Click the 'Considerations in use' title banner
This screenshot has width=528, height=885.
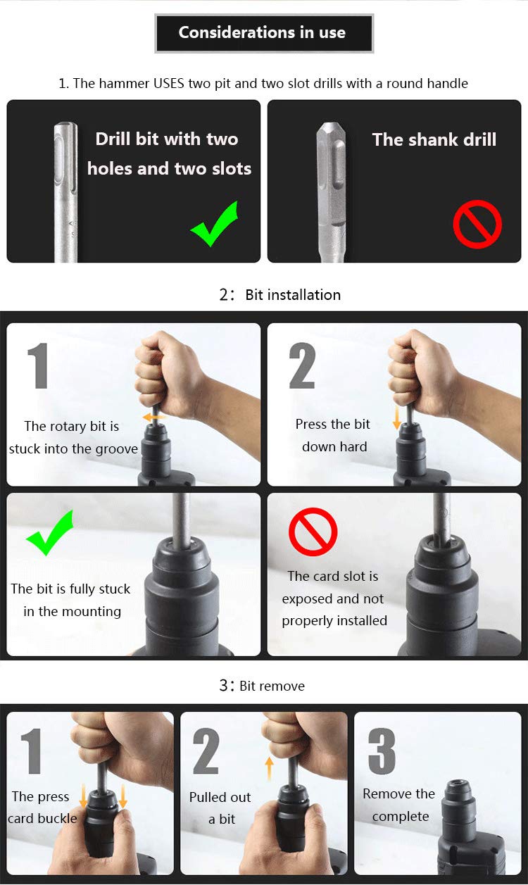point(264,33)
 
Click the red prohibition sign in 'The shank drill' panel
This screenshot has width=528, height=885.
point(477,224)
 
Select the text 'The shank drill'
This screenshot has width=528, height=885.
point(434,139)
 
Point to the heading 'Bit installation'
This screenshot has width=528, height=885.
point(293,295)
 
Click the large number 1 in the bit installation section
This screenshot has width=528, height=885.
point(38,365)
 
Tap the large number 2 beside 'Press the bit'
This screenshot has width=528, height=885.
point(302,365)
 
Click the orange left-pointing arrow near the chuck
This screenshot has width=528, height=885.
point(153,417)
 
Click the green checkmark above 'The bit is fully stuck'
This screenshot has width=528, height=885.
point(50,532)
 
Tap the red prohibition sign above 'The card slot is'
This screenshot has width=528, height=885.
point(313,532)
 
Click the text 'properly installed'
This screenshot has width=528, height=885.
point(334,621)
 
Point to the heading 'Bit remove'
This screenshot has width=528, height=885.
point(272,686)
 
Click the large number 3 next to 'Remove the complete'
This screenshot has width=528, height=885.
point(382,751)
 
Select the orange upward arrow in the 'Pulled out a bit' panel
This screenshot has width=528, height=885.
point(270,768)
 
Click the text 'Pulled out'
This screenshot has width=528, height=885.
point(220,797)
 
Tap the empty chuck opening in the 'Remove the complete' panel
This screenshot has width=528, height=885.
point(458,783)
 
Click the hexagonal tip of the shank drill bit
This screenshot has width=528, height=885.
point(331,130)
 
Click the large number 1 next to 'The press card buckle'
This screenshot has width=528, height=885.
point(32,751)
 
